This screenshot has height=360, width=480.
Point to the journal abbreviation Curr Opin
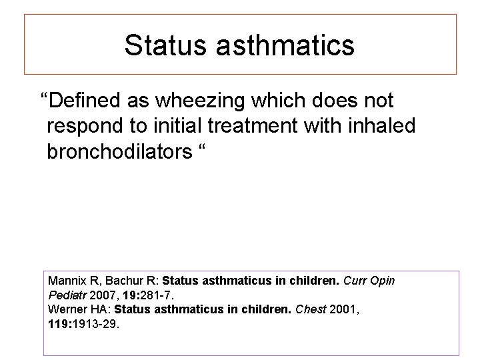370,281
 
